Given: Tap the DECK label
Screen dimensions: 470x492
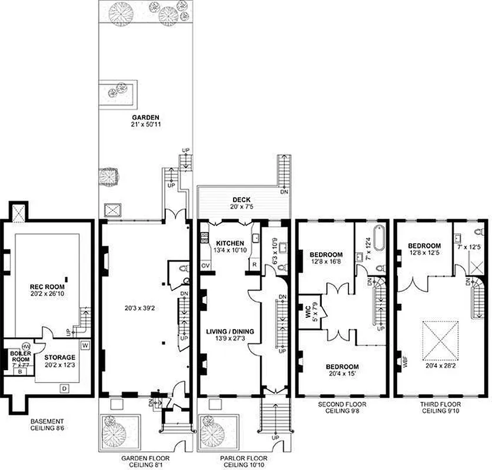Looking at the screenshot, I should tap(241, 200).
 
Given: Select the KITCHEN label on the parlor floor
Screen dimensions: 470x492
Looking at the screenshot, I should tap(230, 243).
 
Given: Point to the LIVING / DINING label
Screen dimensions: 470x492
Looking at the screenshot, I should tap(230, 332).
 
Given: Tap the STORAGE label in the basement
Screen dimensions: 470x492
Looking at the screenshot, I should tap(61, 357).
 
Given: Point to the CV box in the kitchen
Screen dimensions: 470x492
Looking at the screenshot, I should tap(206, 266).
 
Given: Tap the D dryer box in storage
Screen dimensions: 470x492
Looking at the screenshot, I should tap(64, 388).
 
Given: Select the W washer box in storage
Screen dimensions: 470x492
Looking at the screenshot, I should tap(85, 345).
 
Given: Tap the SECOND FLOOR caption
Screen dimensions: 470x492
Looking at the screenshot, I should tap(343, 405).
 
